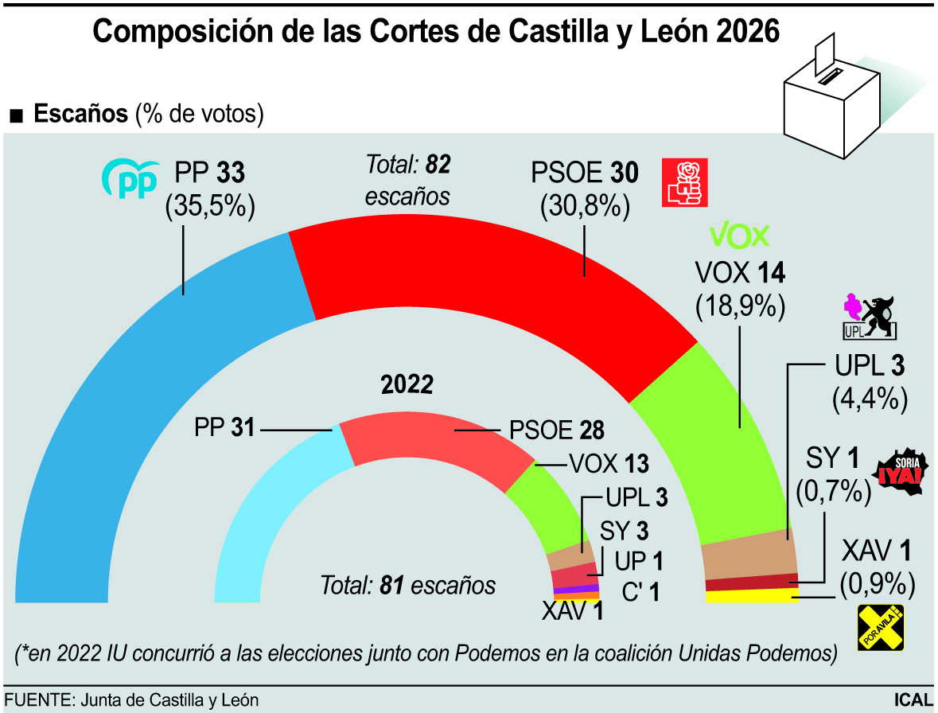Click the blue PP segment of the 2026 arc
coord(119,398)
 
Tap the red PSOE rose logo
coord(684,182)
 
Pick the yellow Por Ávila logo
coord(880,628)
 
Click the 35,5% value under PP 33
coord(210,206)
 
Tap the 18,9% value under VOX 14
coord(740,306)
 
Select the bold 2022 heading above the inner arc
coord(407,385)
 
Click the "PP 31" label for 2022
coord(224,428)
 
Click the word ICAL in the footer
coord(912,700)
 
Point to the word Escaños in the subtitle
coord(80,114)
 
